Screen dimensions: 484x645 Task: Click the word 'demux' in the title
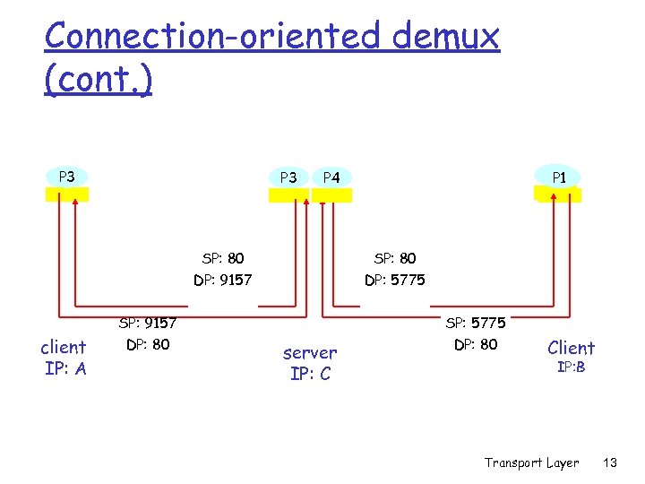pyautogui.click(x=444, y=37)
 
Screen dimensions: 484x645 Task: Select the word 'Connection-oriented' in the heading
pyautogui.click(x=212, y=37)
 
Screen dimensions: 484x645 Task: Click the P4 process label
pyautogui.click(x=331, y=177)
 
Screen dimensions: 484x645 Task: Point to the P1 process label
pyautogui.click(x=558, y=177)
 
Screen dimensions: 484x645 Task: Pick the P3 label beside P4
pyautogui.click(x=288, y=177)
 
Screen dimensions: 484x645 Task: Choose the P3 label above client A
pyautogui.click(x=66, y=177)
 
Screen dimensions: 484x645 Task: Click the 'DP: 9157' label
pyautogui.click(x=223, y=281)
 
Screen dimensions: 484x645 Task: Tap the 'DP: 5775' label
pyautogui.click(x=395, y=281)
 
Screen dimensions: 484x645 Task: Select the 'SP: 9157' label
pyautogui.click(x=148, y=323)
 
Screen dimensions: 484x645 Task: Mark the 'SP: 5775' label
pyautogui.click(x=476, y=323)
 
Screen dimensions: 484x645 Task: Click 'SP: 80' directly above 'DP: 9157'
pyautogui.click(x=223, y=259)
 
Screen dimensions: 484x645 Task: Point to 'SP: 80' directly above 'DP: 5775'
pyautogui.click(x=395, y=259)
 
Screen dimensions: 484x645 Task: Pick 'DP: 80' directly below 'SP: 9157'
pyautogui.click(x=148, y=344)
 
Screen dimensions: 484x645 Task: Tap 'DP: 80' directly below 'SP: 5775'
pyautogui.click(x=476, y=344)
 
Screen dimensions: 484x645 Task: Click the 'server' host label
pyautogui.click(x=310, y=353)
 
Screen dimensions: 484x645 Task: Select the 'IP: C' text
pyautogui.click(x=310, y=374)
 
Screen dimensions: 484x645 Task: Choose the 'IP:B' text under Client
pyautogui.click(x=571, y=367)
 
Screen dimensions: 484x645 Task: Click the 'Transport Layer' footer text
pyautogui.click(x=531, y=462)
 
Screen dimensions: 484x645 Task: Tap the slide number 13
pyautogui.click(x=611, y=462)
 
